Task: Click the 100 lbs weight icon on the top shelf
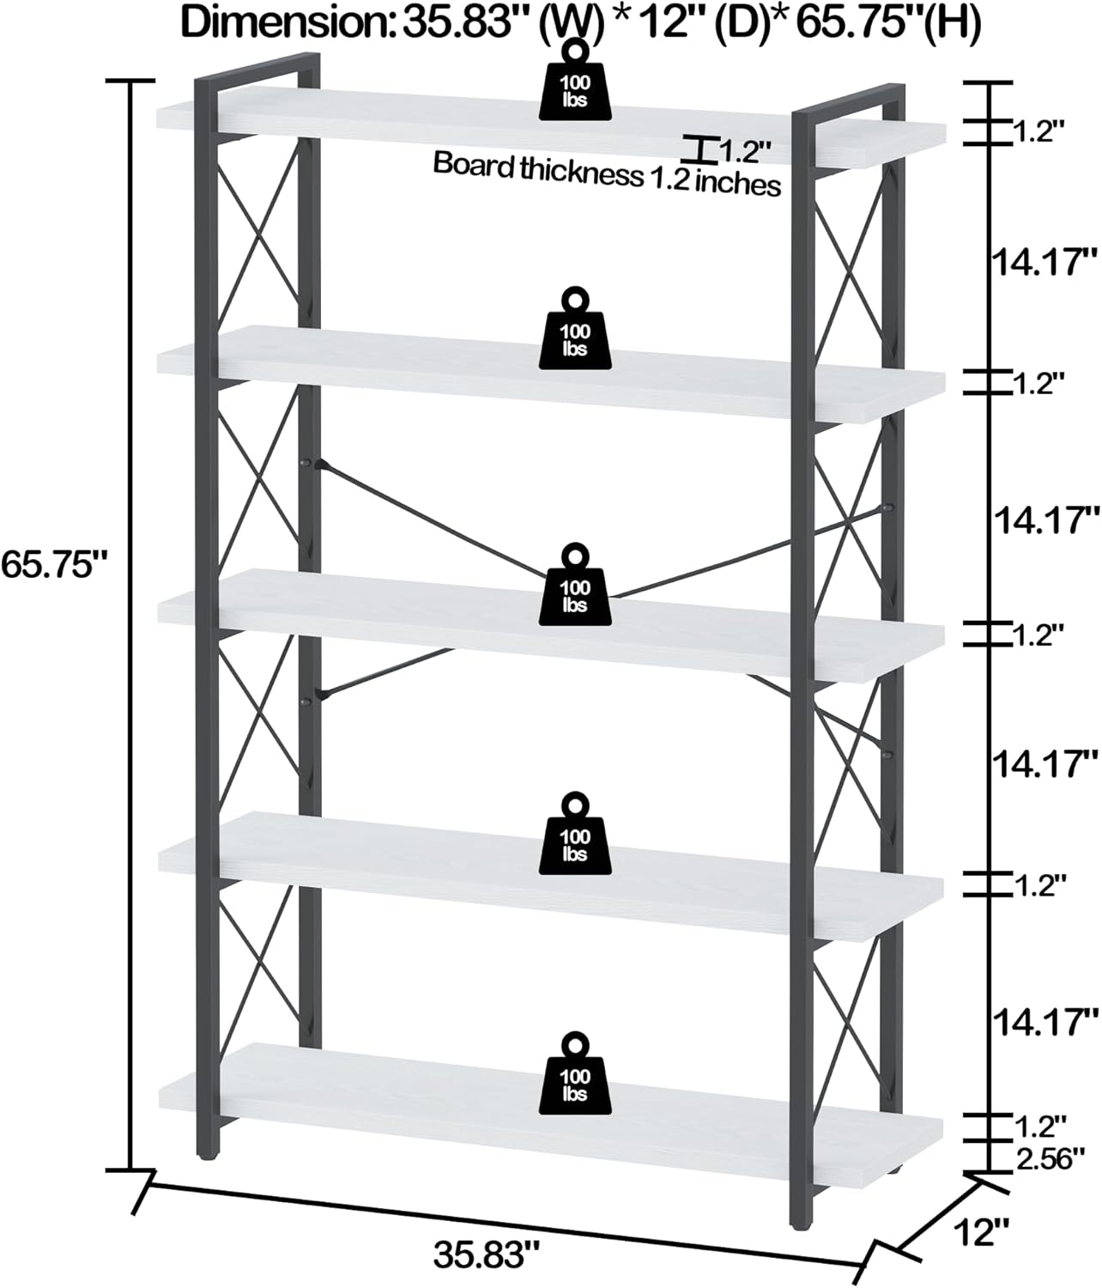coord(575,83)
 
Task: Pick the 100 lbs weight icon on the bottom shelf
coord(575,1074)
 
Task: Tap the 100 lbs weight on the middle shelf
coord(575,586)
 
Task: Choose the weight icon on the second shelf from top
coord(575,330)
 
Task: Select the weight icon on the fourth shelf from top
coord(575,835)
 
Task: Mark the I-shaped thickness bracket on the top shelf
coord(701,149)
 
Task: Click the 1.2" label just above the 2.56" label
coord(1039,1122)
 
